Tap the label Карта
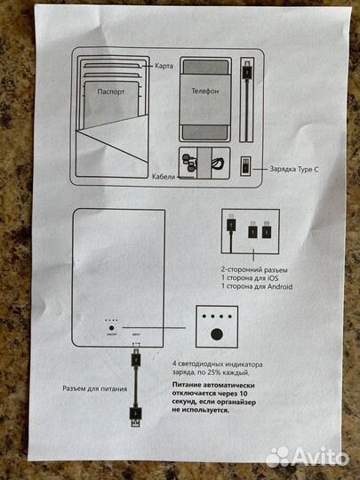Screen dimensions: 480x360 coord(163,68)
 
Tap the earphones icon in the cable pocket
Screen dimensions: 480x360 coord(188,162)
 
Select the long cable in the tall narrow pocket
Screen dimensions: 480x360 coord(249,98)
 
